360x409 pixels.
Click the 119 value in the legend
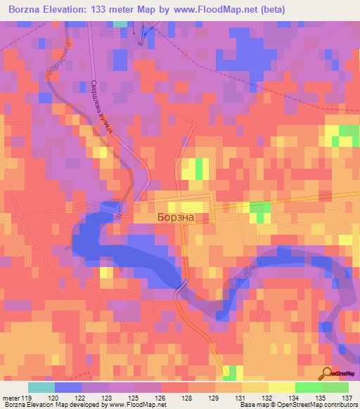22,398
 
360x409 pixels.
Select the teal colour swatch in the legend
41,387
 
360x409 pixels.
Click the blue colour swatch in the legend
68,387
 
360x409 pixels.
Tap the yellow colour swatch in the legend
282,387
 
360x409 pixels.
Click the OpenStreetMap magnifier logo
328,373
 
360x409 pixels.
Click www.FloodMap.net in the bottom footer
136,405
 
